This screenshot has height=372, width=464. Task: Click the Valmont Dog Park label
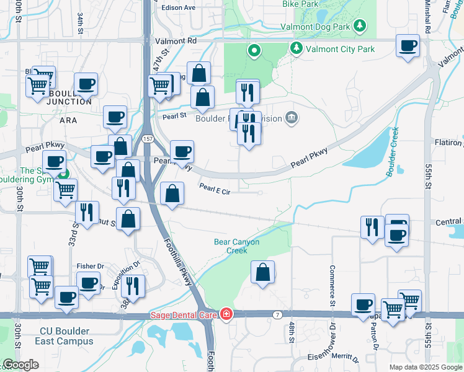tap(316, 27)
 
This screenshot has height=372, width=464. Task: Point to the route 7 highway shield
tap(277, 315)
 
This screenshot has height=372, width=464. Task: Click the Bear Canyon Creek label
tap(236, 246)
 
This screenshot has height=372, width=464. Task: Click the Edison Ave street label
tap(178, 8)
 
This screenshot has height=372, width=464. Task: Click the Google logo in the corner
tap(20, 365)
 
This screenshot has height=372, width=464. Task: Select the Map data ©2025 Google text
tap(426, 367)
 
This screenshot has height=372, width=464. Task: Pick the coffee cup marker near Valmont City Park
tap(408, 46)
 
